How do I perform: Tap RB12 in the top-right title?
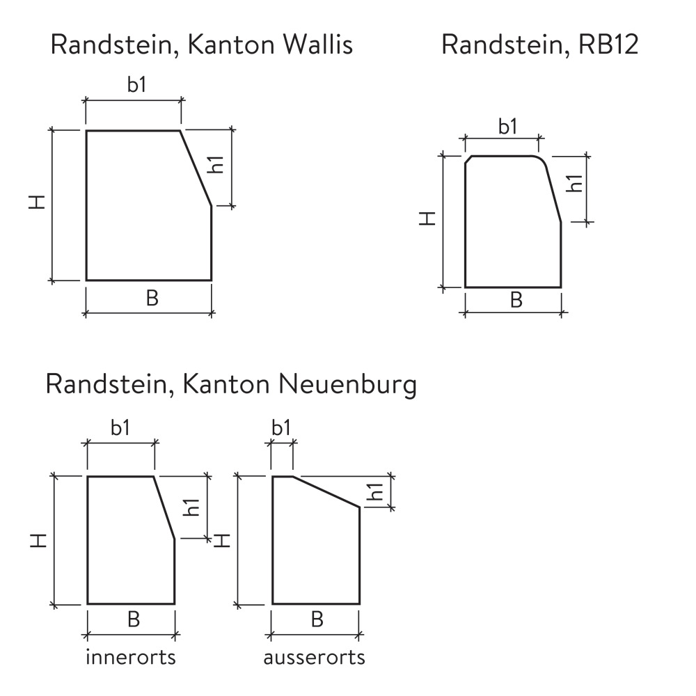608,45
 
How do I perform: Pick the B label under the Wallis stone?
152,298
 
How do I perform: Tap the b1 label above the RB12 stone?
507,127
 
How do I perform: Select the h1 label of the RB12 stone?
574,184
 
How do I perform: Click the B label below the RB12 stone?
516,300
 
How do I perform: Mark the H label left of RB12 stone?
429,219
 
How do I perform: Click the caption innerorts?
130,657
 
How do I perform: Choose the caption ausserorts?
314,657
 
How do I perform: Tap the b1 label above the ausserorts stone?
280,428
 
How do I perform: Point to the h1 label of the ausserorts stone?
377,492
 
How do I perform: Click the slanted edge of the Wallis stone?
196,168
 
